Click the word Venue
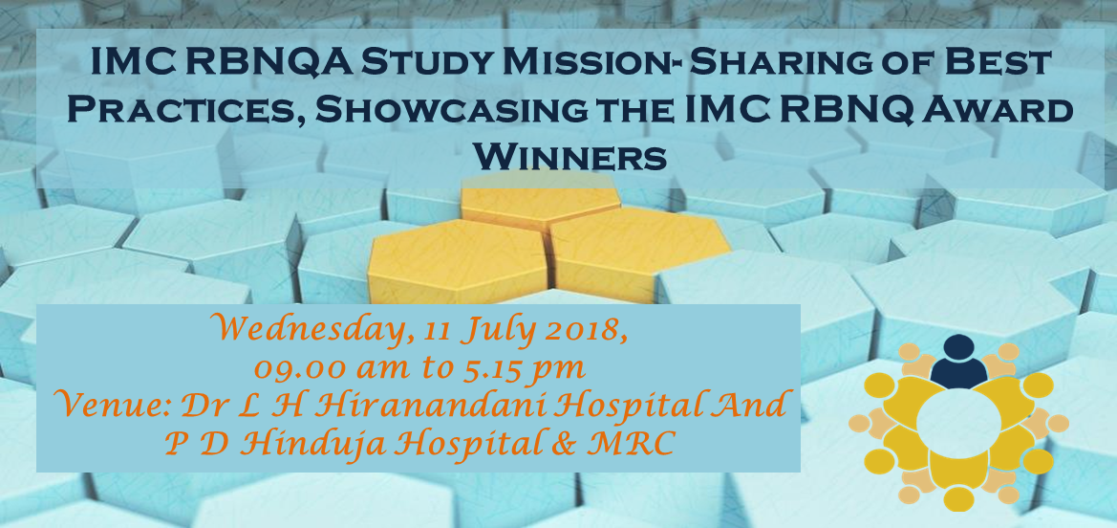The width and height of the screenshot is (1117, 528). (x=109, y=406)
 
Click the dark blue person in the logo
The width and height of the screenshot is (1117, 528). (x=958, y=360)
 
